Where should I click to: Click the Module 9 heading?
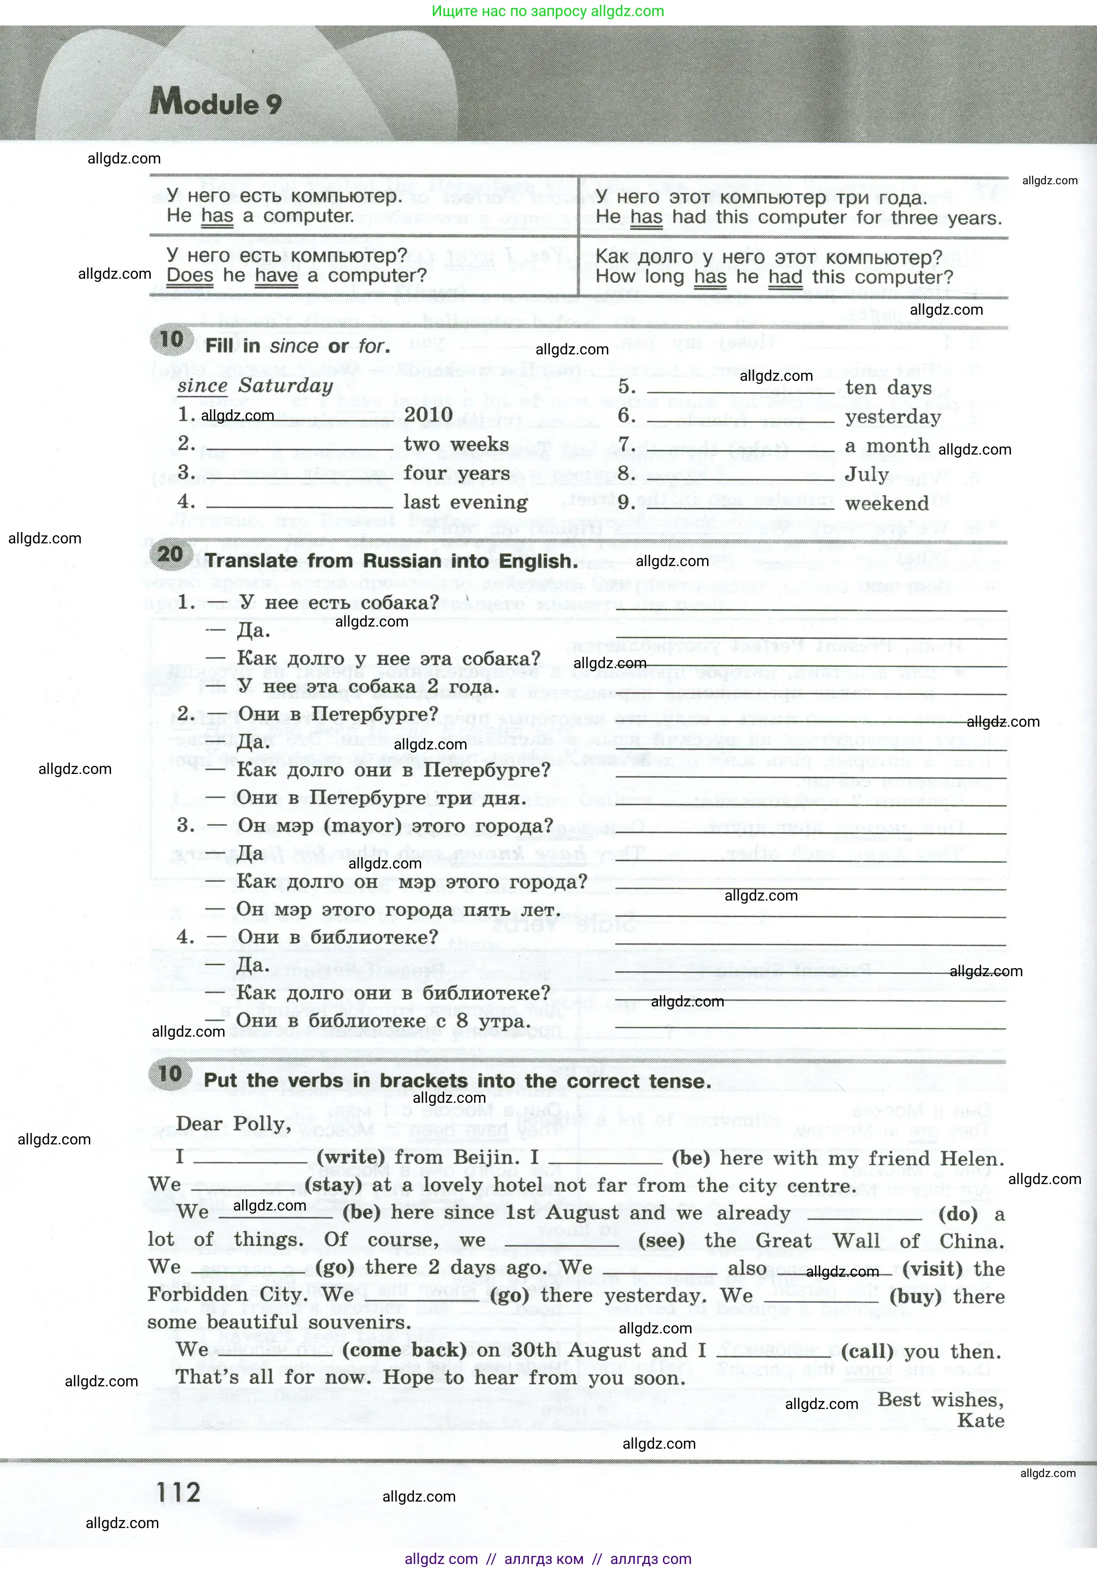click(x=215, y=103)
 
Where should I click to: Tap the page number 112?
click(x=178, y=1493)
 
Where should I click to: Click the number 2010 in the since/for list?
click(x=428, y=415)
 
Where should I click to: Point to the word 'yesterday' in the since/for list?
click(x=893, y=417)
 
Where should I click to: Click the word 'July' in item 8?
click(x=866, y=474)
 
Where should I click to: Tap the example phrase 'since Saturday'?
click(x=255, y=386)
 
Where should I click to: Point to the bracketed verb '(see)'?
click(x=662, y=1241)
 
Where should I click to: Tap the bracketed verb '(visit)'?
click(x=932, y=1269)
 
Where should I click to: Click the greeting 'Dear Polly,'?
click(x=233, y=1124)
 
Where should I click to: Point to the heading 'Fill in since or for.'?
click(x=297, y=346)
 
